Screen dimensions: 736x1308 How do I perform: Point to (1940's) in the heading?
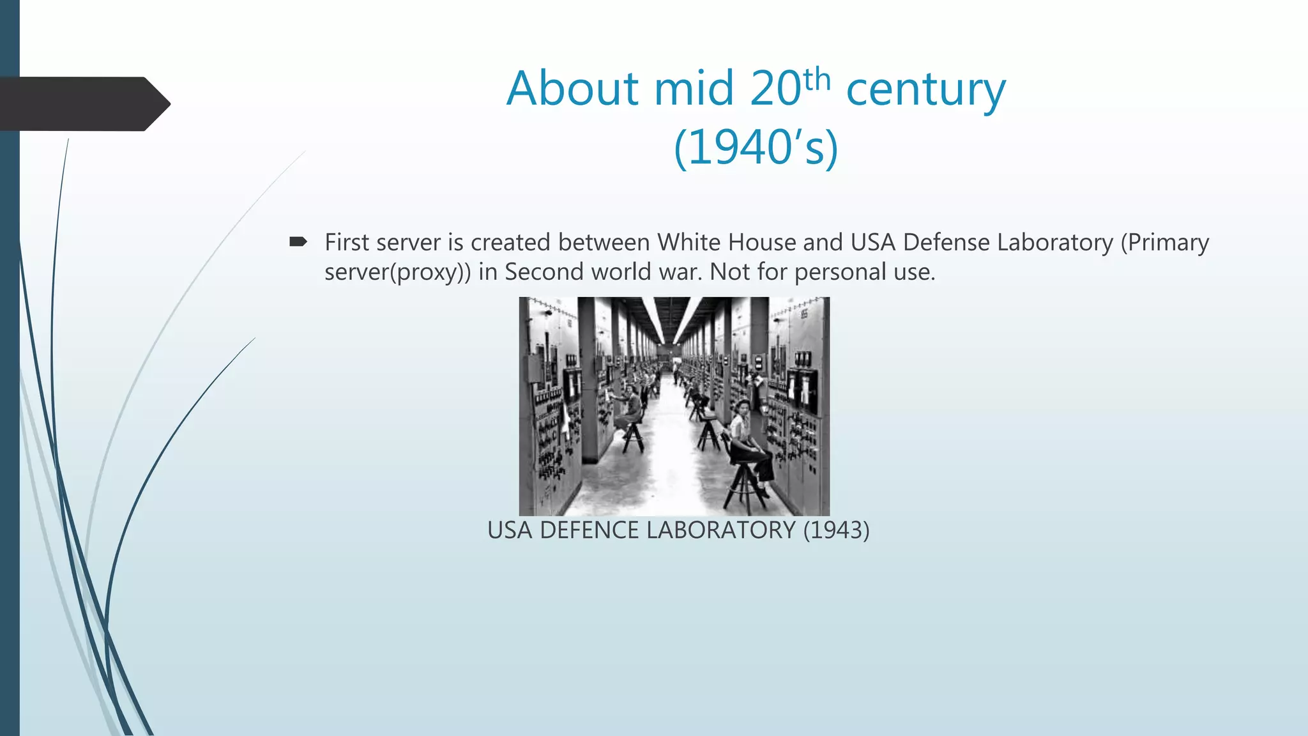(x=756, y=148)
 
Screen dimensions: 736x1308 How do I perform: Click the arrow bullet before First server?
(x=298, y=241)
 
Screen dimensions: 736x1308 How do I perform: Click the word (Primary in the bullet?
(x=1164, y=243)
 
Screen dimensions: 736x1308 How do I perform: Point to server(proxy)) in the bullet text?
(x=397, y=273)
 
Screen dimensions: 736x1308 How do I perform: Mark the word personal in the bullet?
(x=840, y=273)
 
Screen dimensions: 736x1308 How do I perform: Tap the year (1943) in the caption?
(x=836, y=530)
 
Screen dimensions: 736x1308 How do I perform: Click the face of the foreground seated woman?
(x=742, y=407)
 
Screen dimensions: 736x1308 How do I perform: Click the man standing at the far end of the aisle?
(x=674, y=371)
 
